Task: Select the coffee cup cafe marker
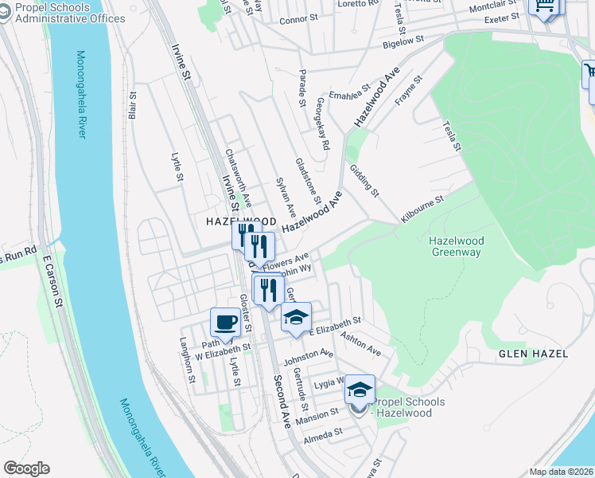point(225,323)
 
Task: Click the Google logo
point(26,468)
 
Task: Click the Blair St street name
point(132,105)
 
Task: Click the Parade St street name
point(302,91)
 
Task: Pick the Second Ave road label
point(282,398)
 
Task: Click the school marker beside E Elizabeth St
point(296,318)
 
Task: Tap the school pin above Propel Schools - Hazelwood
point(360,391)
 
